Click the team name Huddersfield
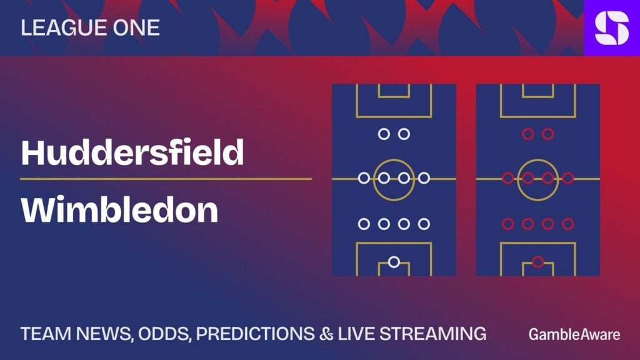tap(132, 152)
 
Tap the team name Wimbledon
tap(119, 210)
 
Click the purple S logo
tap(612, 27)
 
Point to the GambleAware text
tap(574, 335)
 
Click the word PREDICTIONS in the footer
tap(256, 334)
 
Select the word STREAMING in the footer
tap(432, 334)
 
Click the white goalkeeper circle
tap(394, 262)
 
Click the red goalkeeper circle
tap(538, 262)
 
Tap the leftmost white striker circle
tap(384, 134)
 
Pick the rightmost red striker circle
tap(547, 134)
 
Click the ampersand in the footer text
tap(326, 334)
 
